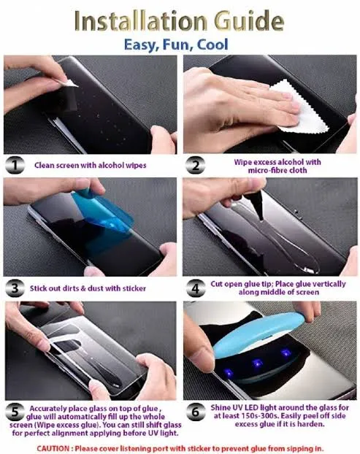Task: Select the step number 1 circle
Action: click(15, 165)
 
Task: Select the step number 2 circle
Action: click(194, 165)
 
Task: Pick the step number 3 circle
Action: click(15, 289)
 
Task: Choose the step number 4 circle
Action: click(194, 289)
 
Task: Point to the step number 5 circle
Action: click(15, 412)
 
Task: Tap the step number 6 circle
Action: click(194, 412)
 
